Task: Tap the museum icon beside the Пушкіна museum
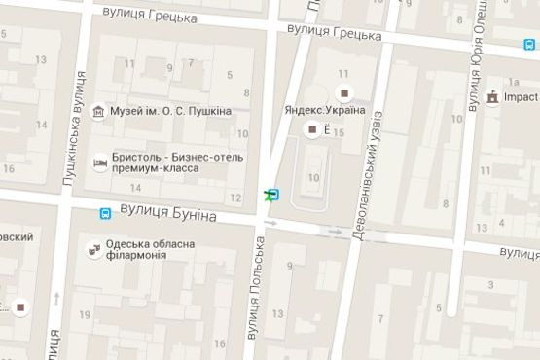(x=98, y=112)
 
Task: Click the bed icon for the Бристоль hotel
(x=98, y=162)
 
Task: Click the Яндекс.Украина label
(x=325, y=110)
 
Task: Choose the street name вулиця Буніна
(x=168, y=212)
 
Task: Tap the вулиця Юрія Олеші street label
(x=476, y=58)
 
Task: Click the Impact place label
(x=522, y=97)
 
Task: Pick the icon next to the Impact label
(x=492, y=97)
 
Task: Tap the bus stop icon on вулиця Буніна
(x=105, y=213)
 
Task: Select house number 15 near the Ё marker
(x=340, y=133)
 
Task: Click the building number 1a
(x=513, y=82)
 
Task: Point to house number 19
(x=85, y=314)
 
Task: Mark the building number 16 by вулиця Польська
(x=220, y=343)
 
